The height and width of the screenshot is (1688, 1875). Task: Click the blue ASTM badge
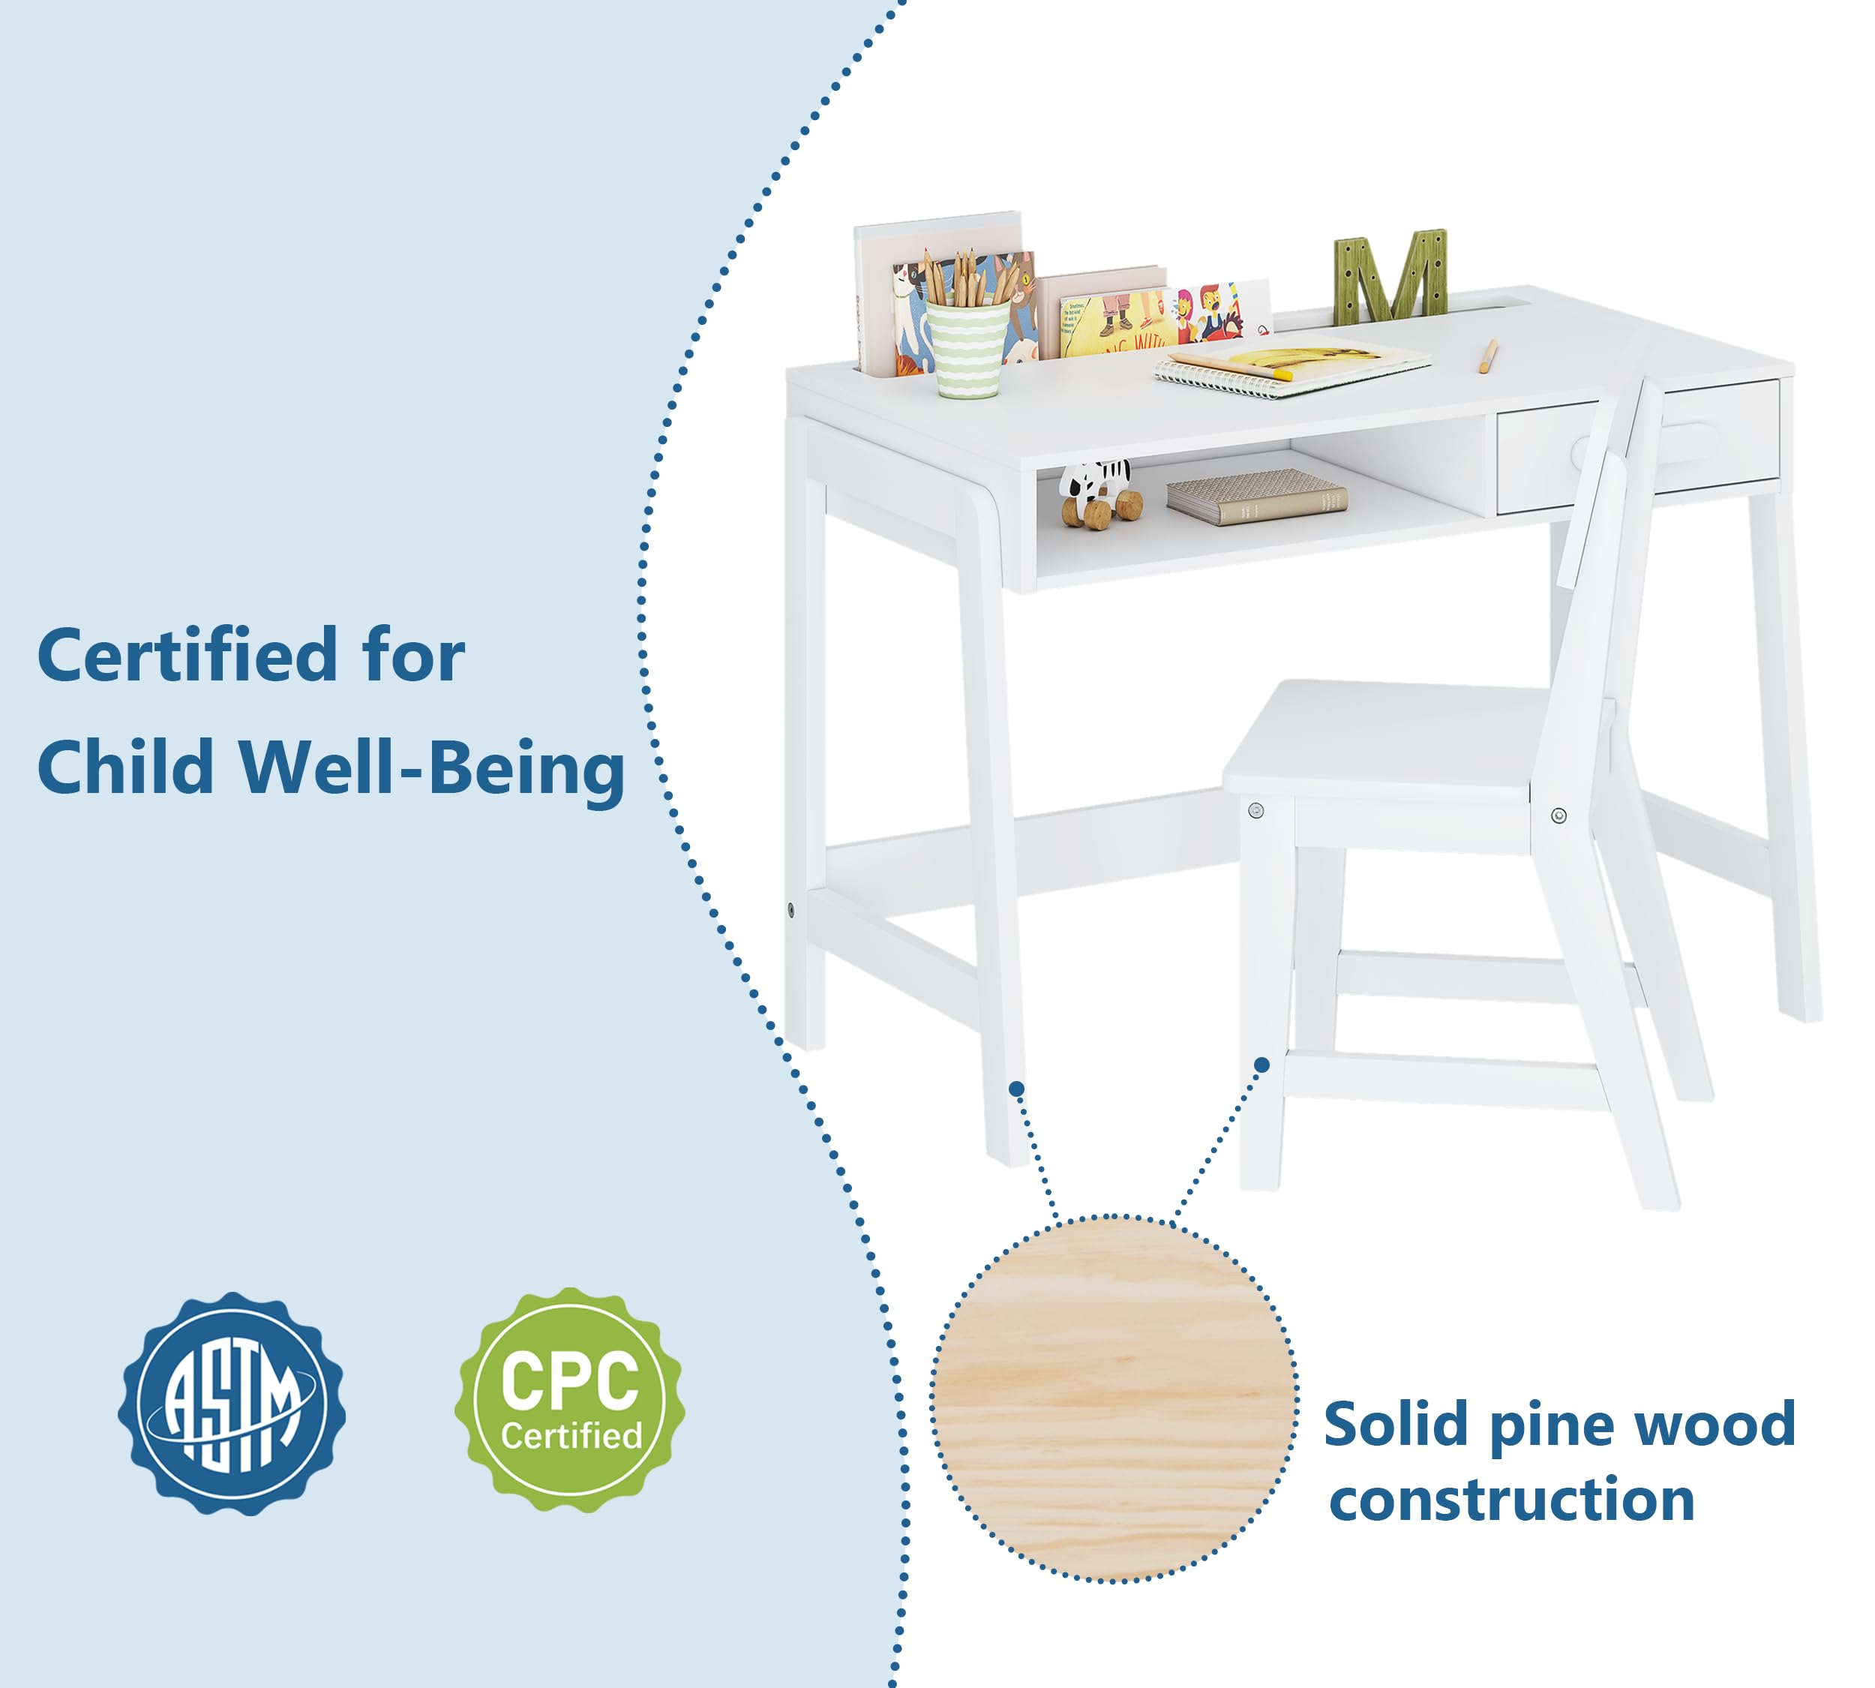point(231,1403)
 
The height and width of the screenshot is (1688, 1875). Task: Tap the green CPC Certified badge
point(569,1401)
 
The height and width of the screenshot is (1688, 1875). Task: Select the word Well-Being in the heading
point(431,768)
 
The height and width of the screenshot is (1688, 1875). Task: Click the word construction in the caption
point(1510,1500)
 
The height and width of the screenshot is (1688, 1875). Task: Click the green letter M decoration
point(1390,276)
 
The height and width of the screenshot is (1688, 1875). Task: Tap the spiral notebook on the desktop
point(1289,370)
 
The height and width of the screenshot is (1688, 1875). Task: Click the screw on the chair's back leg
point(1558,816)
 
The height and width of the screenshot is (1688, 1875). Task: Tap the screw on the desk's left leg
point(790,910)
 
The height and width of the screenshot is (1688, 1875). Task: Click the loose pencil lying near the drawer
point(1486,356)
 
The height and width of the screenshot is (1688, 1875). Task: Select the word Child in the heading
point(126,768)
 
